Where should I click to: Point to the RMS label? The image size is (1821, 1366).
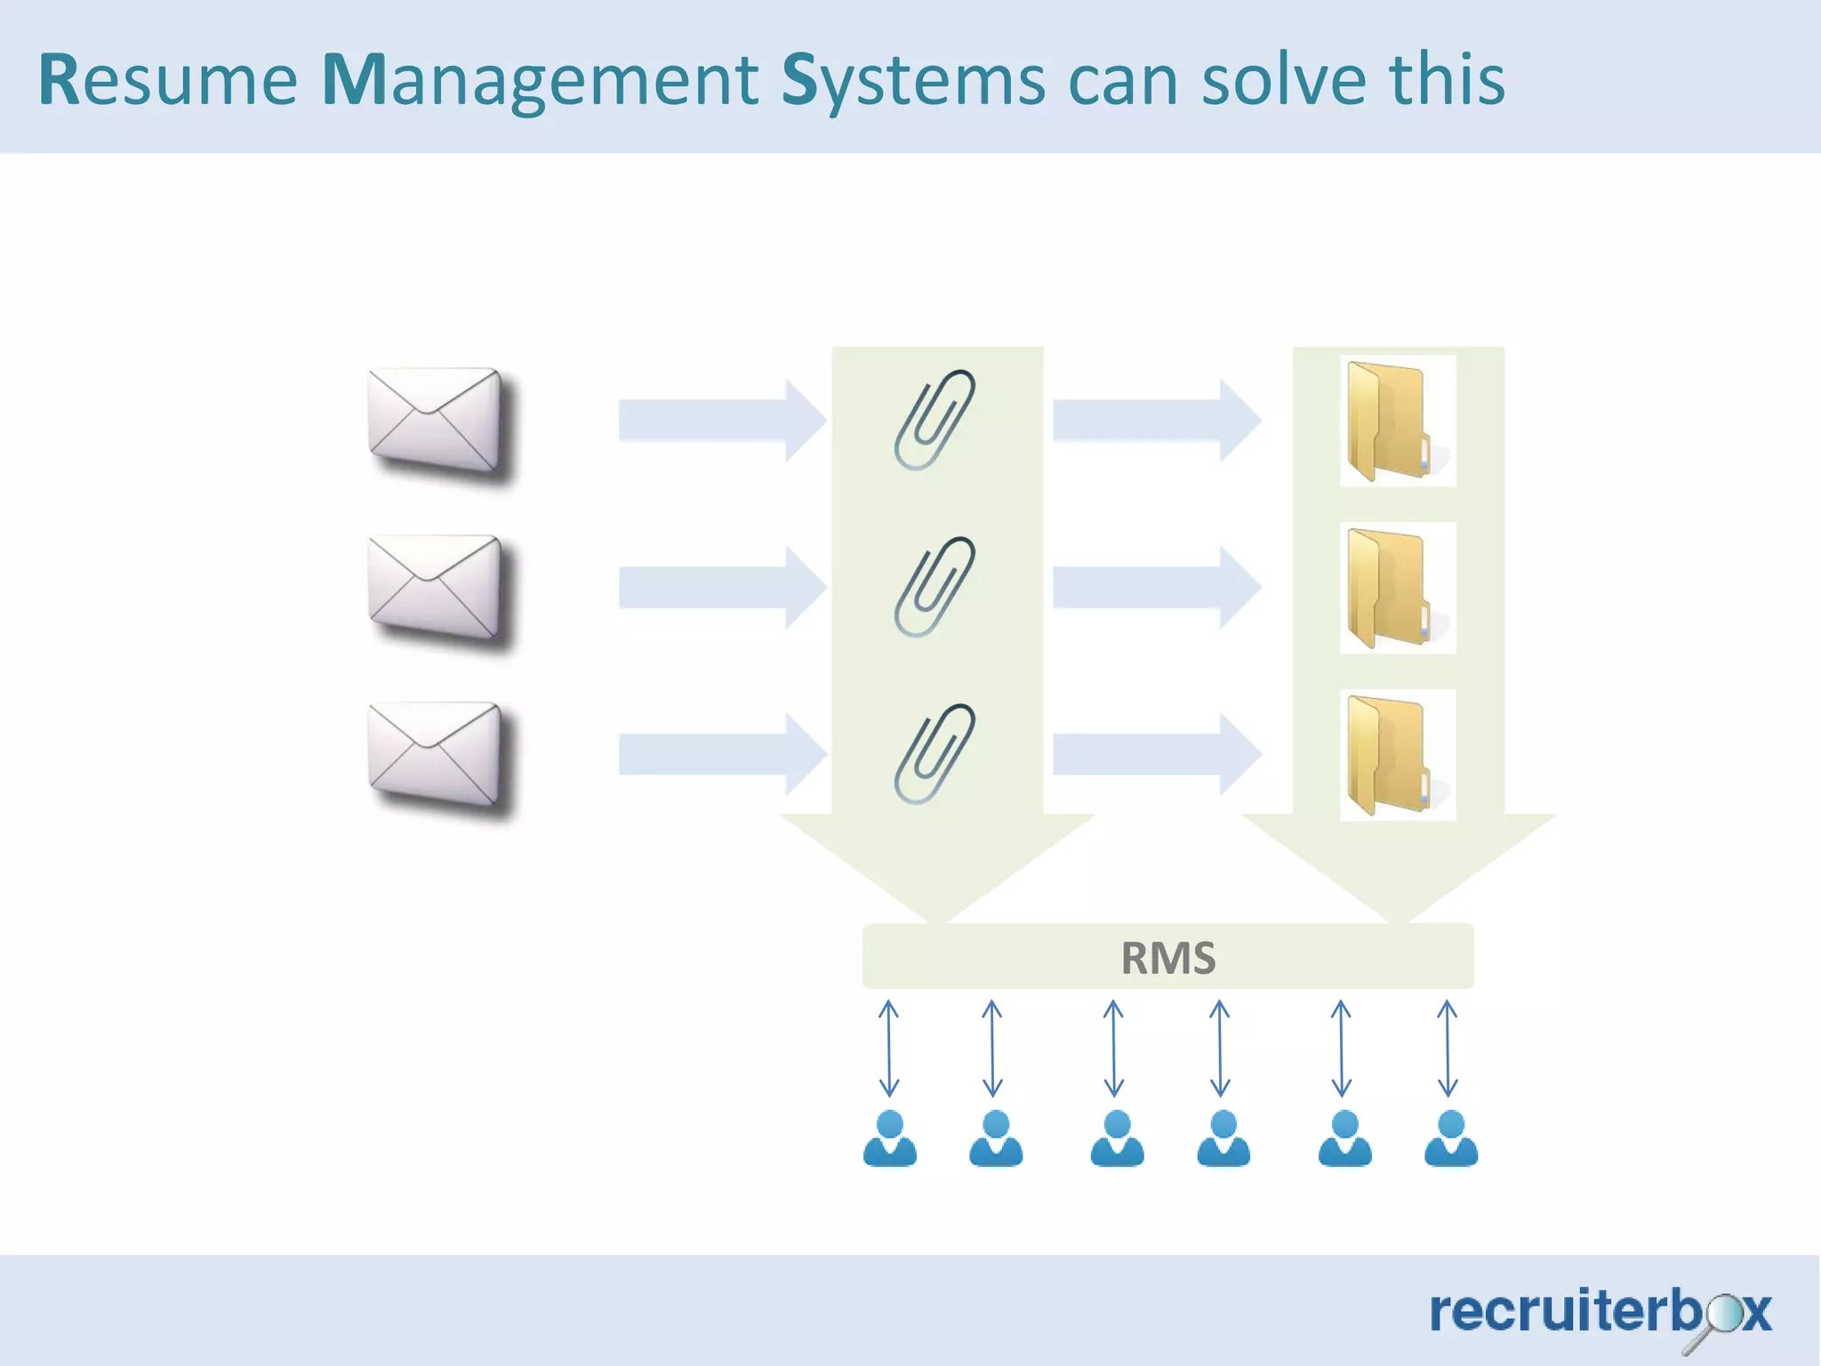point(1167,958)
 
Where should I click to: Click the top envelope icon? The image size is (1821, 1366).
point(436,421)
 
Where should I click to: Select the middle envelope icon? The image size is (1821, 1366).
point(436,588)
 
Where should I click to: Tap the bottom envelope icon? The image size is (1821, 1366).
point(436,755)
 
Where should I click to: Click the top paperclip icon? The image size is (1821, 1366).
point(935,420)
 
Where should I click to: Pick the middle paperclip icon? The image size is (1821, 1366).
point(935,587)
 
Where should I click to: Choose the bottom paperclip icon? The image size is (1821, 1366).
point(935,754)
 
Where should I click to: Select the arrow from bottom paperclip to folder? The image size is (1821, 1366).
point(1156,755)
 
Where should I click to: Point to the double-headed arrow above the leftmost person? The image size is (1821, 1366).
point(889,1048)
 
